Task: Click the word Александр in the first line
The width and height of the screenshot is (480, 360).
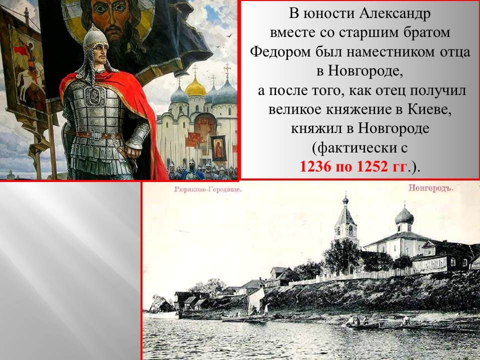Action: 394,14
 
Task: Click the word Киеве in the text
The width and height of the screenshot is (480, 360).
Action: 429,109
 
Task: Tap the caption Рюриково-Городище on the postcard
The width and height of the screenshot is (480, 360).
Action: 208,189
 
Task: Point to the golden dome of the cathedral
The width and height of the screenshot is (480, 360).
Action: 195,86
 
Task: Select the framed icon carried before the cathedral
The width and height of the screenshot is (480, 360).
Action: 219,148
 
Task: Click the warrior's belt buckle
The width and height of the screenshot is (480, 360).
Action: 96,135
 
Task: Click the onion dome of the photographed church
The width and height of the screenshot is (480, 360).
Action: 404,216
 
